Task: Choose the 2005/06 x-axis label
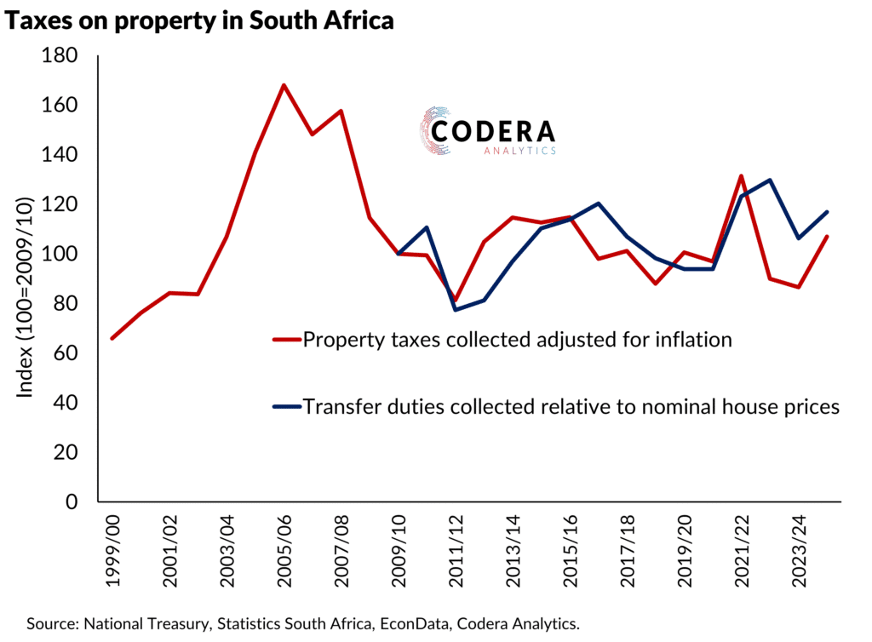point(284,549)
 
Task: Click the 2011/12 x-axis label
point(456,549)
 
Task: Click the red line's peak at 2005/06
point(284,85)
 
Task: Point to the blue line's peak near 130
point(770,180)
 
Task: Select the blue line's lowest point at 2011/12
point(456,309)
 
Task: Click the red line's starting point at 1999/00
point(112,338)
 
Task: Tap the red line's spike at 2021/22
point(741,176)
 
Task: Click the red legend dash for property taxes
point(286,340)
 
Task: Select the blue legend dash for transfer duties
point(286,407)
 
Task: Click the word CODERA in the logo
point(493,131)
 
